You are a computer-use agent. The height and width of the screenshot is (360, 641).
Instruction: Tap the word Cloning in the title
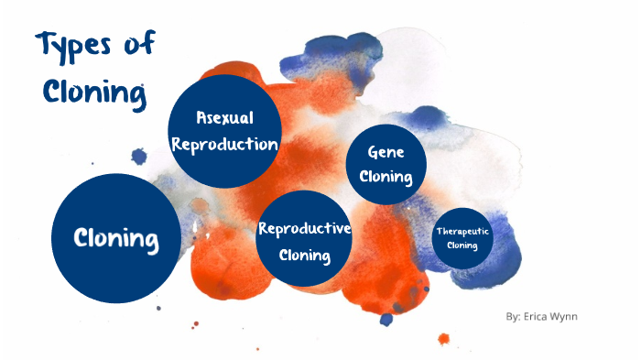pyautogui.click(x=90, y=92)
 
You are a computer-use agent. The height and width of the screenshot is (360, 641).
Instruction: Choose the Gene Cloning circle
pyautogui.click(x=386, y=164)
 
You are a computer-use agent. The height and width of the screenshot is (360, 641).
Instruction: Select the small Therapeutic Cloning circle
pyautogui.click(x=462, y=238)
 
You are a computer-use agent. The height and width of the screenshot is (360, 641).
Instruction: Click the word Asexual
pyautogui.click(x=224, y=117)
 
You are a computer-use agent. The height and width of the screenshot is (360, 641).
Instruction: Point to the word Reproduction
pyautogui.click(x=224, y=144)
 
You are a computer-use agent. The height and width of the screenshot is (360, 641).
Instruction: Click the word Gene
pyautogui.click(x=386, y=152)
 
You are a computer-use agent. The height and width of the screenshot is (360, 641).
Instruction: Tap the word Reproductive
pyautogui.click(x=305, y=229)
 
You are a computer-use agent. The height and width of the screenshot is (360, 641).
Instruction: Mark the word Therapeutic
pyautogui.click(x=462, y=232)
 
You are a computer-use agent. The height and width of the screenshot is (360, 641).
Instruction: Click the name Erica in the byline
pyautogui.click(x=541, y=317)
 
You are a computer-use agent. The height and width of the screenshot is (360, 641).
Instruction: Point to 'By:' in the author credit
pyautogui.click(x=513, y=317)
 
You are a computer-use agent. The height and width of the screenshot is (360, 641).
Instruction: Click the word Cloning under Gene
pyautogui.click(x=386, y=177)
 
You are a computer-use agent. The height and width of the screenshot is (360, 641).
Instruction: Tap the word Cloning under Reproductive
pyautogui.click(x=305, y=255)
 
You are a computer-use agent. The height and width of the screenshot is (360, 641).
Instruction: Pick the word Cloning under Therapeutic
pyautogui.click(x=462, y=245)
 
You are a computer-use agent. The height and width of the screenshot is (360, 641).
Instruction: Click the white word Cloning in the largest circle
pyautogui.click(x=115, y=239)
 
